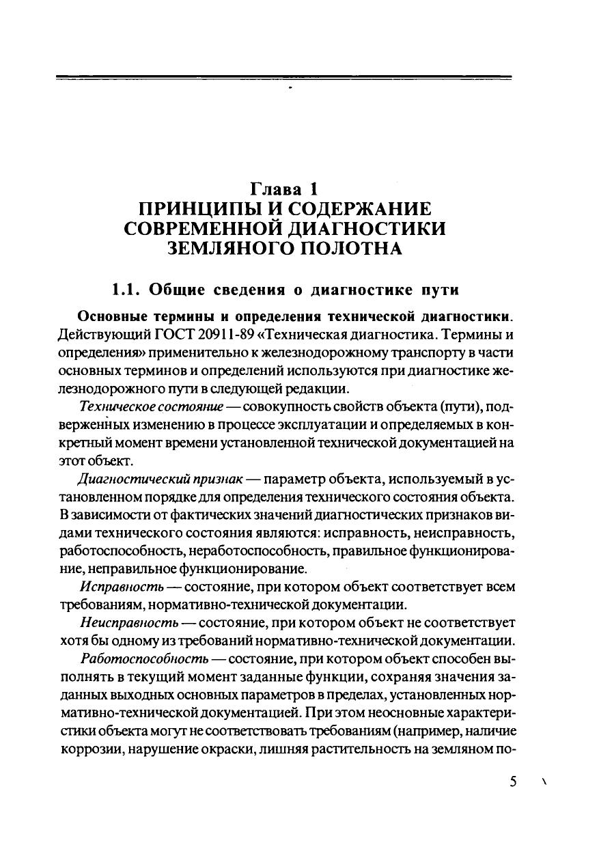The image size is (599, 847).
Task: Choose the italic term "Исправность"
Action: (121, 587)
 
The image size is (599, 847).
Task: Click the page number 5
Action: (513, 782)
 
